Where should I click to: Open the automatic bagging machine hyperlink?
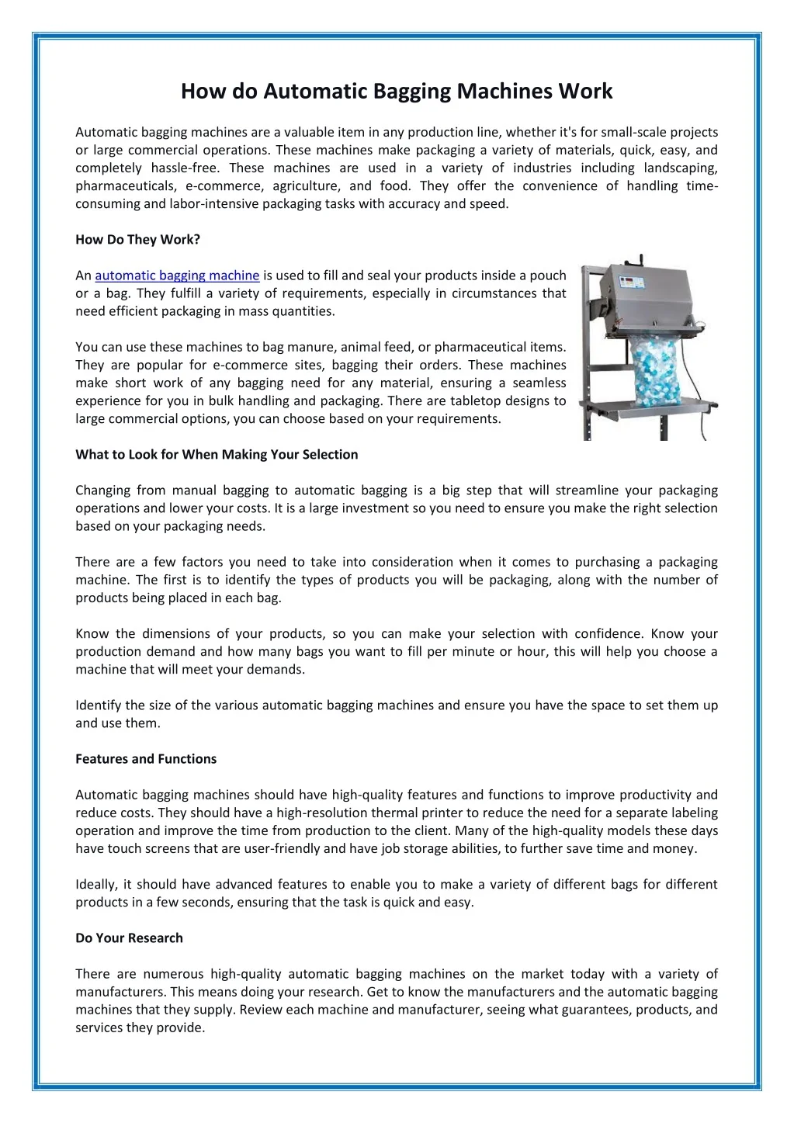click(177, 276)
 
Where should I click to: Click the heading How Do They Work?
click(137, 240)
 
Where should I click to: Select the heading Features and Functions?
click(146, 759)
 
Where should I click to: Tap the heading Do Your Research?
click(129, 938)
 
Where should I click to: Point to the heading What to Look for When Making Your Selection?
click(217, 455)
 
